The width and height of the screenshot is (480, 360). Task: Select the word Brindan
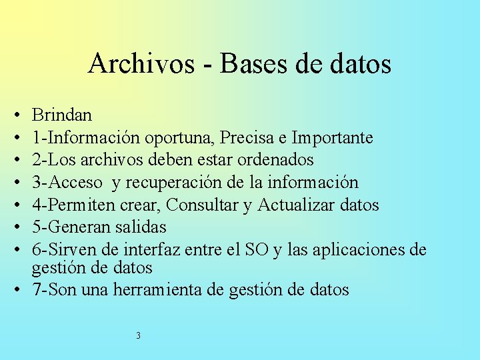click(62, 115)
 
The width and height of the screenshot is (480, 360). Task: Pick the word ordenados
click(275, 160)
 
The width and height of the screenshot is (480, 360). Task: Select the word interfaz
click(186, 250)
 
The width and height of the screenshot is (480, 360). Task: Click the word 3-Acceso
click(67, 183)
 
